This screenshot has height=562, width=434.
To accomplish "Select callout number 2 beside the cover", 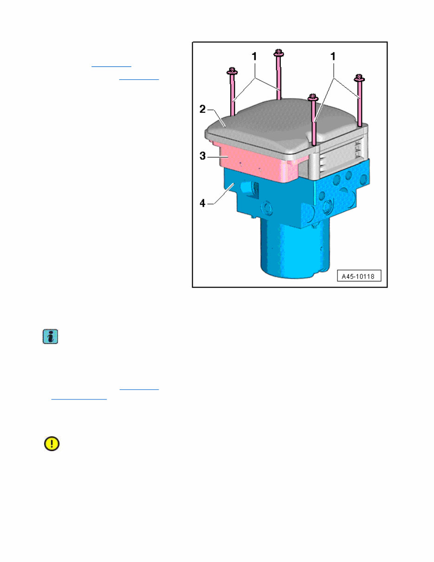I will coord(203,110).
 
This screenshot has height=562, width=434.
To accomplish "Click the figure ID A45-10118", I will coord(358,276).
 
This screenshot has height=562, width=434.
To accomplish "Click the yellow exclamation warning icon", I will coord(52,444).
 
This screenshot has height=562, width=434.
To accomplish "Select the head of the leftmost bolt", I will coord(231,71).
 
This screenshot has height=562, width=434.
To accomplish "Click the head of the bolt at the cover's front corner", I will coord(314,97).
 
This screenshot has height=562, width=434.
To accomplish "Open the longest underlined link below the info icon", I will coord(79,398).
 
